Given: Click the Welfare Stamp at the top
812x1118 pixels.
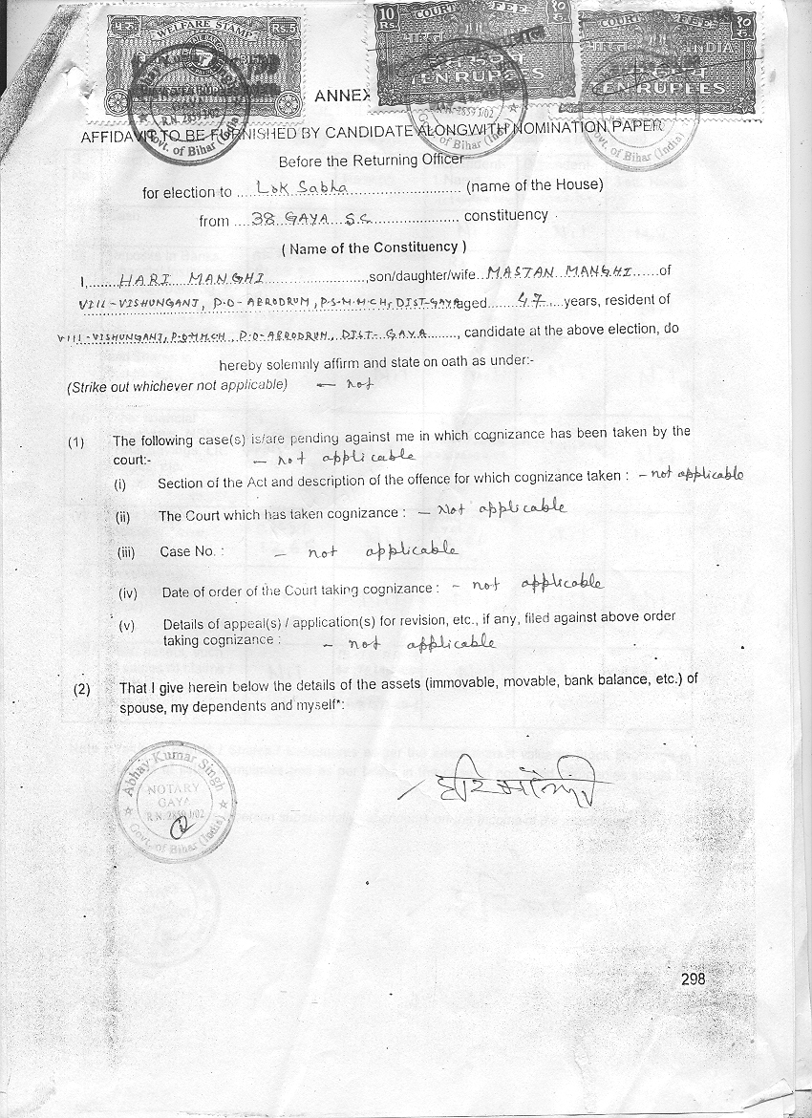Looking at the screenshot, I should point(196,61).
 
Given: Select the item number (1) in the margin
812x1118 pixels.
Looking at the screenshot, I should point(76,442).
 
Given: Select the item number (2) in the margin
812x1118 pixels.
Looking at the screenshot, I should point(83,688).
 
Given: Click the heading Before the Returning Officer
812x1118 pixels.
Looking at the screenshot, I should point(371,161).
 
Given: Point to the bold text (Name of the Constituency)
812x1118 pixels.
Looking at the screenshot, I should point(374,247).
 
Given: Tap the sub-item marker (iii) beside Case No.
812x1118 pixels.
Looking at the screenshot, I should point(126,552).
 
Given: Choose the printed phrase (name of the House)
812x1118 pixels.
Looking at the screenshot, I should point(535,185).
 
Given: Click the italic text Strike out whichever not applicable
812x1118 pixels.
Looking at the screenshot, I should point(177,386).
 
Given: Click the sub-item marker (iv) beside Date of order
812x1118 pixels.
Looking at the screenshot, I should point(128,592).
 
